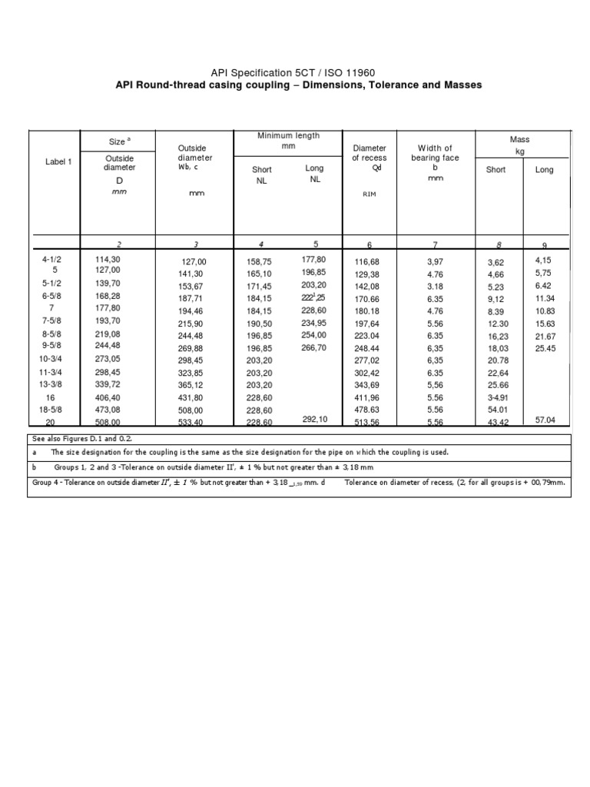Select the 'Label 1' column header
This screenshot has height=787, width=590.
point(58,162)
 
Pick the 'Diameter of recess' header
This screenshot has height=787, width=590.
point(370,152)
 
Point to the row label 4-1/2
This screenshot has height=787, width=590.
point(52,260)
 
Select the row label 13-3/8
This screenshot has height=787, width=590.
point(53,384)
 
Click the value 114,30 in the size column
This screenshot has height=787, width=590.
point(108,260)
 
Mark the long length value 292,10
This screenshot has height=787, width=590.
point(315,420)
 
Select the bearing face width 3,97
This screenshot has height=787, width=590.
point(436,262)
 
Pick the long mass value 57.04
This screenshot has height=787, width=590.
point(545,420)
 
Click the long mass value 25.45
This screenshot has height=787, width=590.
point(545,348)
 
